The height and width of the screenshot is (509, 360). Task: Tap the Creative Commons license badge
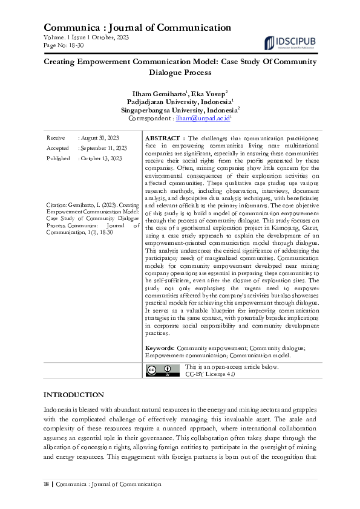click(163, 371)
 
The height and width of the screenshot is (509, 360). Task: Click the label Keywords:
click(160, 349)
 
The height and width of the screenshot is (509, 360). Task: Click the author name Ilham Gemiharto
click(158, 94)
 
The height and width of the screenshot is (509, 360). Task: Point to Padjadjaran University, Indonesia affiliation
click(179, 103)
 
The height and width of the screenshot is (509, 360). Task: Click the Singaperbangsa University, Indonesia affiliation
click(179, 111)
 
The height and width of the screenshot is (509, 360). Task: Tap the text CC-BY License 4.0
click(209, 374)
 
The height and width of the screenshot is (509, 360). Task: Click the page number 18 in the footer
click(47, 484)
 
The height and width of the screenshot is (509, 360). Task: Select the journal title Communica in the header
click(70, 27)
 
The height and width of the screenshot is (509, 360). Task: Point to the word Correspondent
click(150, 120)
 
